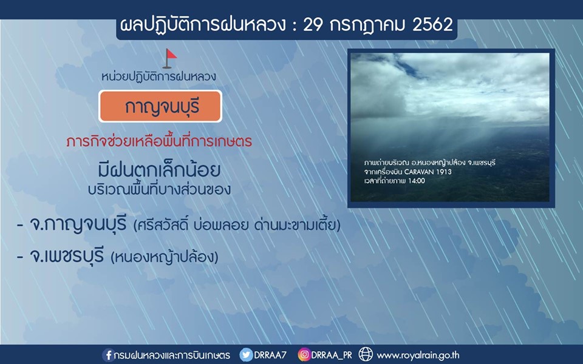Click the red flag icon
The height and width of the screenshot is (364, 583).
(169, 59)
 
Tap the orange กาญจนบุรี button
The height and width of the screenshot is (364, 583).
(160, 106)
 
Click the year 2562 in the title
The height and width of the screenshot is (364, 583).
(432, 25)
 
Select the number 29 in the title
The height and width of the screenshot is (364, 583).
(313, 25)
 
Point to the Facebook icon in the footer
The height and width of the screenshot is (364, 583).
(108, 355)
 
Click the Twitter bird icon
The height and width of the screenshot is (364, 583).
(246, 355)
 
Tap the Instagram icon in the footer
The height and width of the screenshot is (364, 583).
(304, 355)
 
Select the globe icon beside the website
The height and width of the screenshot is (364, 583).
(366, 354)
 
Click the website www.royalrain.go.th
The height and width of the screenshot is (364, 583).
(418, 356)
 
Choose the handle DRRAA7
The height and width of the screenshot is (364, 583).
(270, 355)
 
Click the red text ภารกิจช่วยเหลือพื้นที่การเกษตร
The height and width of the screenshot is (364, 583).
(159, 142)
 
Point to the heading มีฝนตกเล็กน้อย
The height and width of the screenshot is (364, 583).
(160, 170)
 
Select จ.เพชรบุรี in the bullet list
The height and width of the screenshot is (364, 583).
(67, 255)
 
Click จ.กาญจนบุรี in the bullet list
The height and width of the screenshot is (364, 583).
(78, 224)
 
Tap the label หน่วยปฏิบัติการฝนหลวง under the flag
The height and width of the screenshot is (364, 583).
(159, 77)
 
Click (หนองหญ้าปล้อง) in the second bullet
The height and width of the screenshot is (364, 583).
(165, 257)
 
